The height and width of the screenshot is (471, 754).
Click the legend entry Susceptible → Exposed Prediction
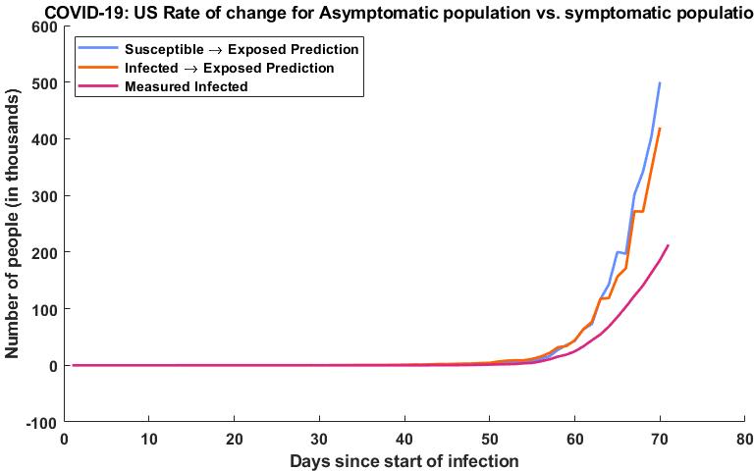242,48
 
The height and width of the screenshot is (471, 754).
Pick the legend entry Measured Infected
186,86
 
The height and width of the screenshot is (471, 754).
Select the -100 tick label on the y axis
38,422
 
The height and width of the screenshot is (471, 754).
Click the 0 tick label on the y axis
50,366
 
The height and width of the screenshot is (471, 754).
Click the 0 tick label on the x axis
64,438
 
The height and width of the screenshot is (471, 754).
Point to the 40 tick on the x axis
404,438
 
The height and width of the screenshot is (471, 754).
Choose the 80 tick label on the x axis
744,438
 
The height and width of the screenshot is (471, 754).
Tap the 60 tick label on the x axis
574,438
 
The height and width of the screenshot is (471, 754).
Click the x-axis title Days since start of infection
404,459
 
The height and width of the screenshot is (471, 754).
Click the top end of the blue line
660,83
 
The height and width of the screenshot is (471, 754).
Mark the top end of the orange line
660,129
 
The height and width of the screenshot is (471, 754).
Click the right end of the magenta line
668,245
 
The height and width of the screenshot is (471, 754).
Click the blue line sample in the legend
98,48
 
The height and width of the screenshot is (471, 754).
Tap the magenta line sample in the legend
98,86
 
